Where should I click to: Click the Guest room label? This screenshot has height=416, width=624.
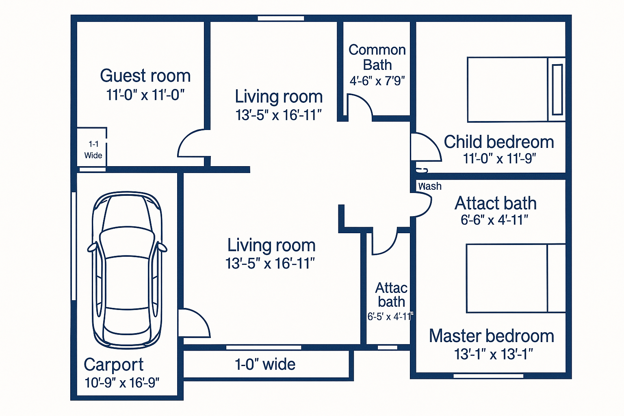(x=145, y=76)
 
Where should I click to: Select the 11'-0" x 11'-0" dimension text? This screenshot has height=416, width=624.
(x=145, y=95)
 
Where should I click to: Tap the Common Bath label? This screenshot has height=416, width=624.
(x=377, y=57)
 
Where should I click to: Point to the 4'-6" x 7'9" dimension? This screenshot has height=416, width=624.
(x=377, y=81)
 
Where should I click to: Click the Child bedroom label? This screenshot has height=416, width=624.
(x=498, y=142)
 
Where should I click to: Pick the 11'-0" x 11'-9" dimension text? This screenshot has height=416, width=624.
(x=499, y=158)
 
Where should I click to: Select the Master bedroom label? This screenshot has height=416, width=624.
(x=491, y=336)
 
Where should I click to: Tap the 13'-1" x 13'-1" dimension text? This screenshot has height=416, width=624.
(x=493, y=354)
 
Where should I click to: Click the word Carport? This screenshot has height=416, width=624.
(x=113, y=364)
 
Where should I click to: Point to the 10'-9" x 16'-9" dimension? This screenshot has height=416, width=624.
(x=122, y=383)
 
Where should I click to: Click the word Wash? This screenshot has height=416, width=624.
(x=429, y=186)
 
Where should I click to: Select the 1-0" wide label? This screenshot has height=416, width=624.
(x=265, y=364)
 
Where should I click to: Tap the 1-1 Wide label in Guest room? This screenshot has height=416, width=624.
(x=93, y=149)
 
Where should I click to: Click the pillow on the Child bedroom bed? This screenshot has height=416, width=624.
(x=557, y=89)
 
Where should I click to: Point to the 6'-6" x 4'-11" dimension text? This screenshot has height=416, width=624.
(x=494, y=220)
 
